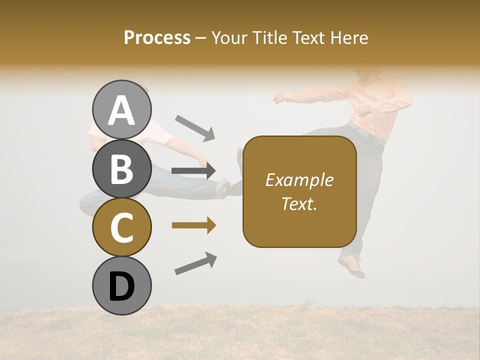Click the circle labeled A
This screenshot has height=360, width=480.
point(122,109)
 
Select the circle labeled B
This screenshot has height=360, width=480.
point(122,168)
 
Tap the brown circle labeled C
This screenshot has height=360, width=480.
point(122,227)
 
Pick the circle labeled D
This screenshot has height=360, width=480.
point(122,285)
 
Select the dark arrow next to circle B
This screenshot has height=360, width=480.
point(194,171)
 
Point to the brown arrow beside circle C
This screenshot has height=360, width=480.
point(194,226)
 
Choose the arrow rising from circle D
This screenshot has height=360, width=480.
point(195,264)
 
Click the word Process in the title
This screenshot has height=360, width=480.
point(157,37)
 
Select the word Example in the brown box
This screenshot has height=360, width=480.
point(299,180)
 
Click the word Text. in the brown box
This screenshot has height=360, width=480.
point(299,203)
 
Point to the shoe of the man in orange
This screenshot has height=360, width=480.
point(351,266)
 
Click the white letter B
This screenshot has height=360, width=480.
point(122,168)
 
